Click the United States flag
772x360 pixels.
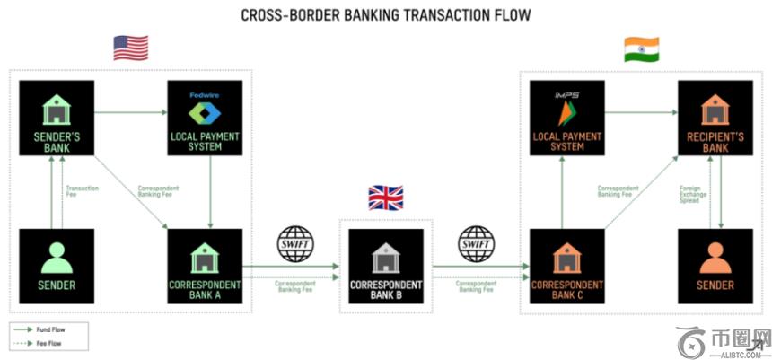tap(130, 48)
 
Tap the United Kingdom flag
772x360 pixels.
tap(386, 198)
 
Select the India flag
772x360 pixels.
tap(641, 48)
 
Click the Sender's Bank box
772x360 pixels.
tap(57, 118)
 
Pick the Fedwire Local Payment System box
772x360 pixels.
tap(207, 118)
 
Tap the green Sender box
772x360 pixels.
tap(57, 266)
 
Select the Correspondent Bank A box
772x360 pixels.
tap(207, 266)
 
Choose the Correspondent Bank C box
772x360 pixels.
tap(566, 266)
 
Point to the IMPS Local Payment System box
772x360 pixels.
tap(566, 118)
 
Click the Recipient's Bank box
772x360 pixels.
tap(715, 118)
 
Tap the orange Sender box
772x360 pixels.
tap(715, 266)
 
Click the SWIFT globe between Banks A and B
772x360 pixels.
tap(297, 242)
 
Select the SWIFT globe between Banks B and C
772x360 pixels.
tap(476, 242)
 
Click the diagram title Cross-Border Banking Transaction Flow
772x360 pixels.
tap(386, 15)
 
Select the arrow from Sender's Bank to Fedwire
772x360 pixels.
tap(130, 112)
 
